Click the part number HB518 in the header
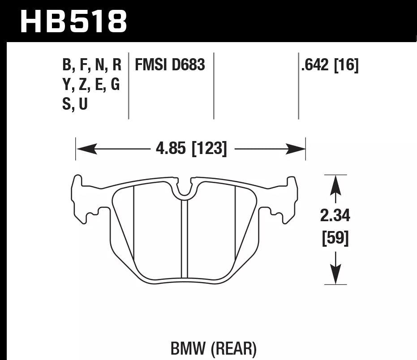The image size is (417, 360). [74, 21]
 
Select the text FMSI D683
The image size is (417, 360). [170, 65]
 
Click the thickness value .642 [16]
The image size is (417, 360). [330, 65]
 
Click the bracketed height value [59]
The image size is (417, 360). [335, 238]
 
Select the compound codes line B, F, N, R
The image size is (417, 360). [92, 65]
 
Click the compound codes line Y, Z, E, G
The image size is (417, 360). [91, 85]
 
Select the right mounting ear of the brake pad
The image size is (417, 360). [287, 199]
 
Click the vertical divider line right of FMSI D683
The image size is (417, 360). [214, 85]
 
